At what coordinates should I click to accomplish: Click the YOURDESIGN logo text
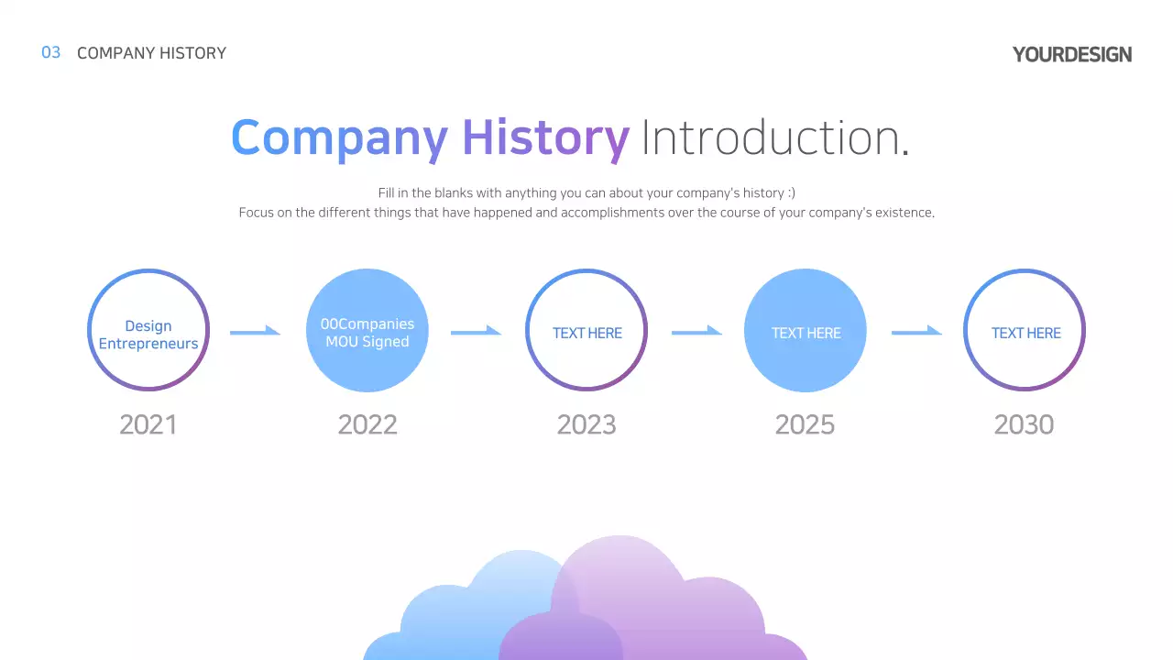(x=1071, y=54)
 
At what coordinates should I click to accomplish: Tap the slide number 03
(x=51, y=52)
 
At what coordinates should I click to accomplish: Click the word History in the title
(x=545, y=137)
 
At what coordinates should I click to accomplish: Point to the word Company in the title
(x=339, y=137)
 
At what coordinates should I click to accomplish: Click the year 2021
(x=148, y=424)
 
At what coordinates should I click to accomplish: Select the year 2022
(x=367, y=424)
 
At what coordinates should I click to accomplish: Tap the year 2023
(x=586, y=424)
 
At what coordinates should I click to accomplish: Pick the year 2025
(x=805, y=424)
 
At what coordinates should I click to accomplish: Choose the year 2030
(x=1024, y=424)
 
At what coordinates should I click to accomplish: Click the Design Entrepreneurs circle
(x=148, y=331)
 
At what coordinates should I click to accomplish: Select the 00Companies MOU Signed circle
(x=367, y=331)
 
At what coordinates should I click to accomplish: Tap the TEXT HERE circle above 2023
(x=586, y=331)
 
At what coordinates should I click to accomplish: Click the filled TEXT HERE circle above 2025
(x=806, y=331)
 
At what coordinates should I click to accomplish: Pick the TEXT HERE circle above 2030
(x=1025, y=331)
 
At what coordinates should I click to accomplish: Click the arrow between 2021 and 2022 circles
(x=255, y=331)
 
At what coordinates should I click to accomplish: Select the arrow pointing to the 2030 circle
(x=916, y=331)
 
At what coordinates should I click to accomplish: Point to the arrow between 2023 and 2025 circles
(x=696, y=331)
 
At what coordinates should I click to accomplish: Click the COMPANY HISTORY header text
(x=151, y=53)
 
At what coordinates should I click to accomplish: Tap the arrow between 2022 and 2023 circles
(x=476, y=331)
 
